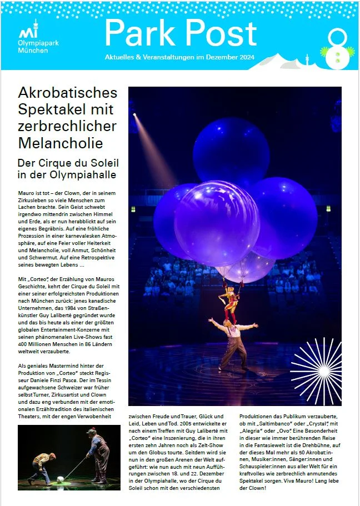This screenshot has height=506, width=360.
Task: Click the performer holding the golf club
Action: coord(99,453)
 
